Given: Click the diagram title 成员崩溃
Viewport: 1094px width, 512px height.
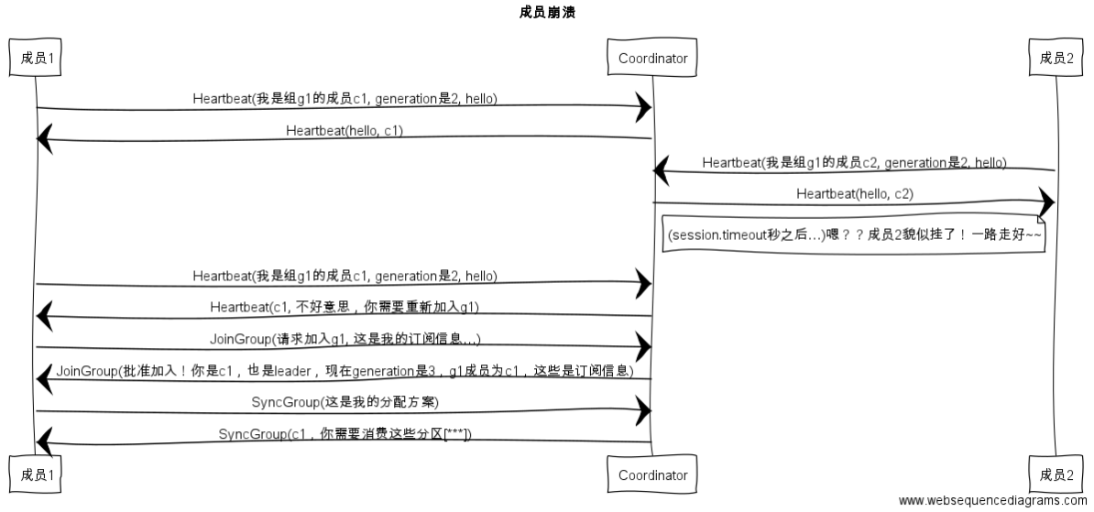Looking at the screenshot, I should pyautogui.click(x=546, y=13).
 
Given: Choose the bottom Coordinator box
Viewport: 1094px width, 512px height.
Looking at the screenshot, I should pyautogui.click(x=652, y=474).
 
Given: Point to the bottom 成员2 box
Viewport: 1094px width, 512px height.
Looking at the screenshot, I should pyautogui.click(x=1056, y=474).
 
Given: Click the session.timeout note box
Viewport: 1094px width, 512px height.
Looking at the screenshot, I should pyautogui.click(x=854, y=235).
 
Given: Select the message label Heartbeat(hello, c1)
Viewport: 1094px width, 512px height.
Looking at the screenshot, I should pyautogui.click(x=345, y=130).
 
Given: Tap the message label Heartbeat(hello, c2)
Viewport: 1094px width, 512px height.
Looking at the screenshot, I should pyautogui.click(x=854, y=193).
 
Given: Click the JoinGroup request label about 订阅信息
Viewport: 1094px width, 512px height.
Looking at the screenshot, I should pyautogui.click(x=345, y=339).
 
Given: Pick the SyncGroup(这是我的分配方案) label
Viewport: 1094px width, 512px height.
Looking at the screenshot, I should pyautogui.click(x=345, y=402).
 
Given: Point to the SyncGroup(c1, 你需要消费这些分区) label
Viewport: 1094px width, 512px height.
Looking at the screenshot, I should pyautogui.click(x=345, y=433).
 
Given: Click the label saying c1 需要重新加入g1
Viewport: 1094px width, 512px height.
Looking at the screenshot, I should pyautogui.click(x=345, y=307).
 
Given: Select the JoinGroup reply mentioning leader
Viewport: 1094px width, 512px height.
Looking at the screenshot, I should pyautogui.click(x=345, y=370).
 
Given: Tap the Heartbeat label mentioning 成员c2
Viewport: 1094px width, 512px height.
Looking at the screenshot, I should pyautogui.click(x=854, y=162).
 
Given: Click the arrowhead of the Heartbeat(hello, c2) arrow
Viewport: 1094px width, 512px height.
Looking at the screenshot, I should pyautogui.click(x=1046, y=202).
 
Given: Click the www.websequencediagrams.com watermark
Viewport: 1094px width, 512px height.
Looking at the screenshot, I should pyautogui.click(x=993, y=500).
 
